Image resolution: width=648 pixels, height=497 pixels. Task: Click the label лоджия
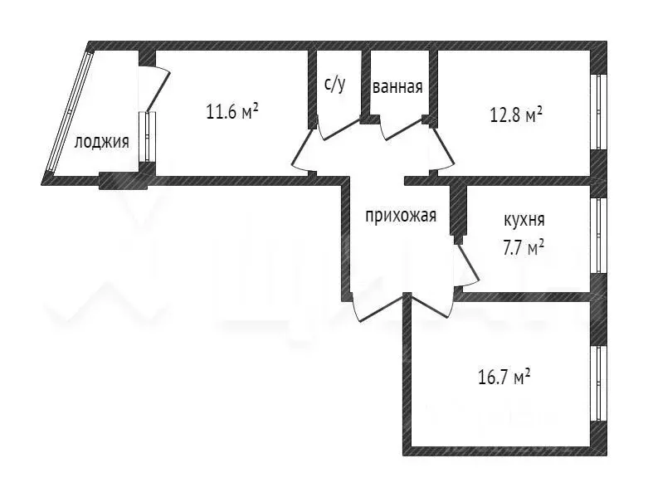(x=101, y=142)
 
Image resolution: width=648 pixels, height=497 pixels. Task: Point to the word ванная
(x=398, y=86)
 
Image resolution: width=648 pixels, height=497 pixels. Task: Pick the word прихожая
(x=401, y=217)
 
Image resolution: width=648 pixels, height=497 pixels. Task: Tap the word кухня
(x=524, y=221)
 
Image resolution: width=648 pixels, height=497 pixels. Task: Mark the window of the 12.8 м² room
(x=598, y=111)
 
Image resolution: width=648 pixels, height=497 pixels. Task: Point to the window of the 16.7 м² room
(x=598, y=383)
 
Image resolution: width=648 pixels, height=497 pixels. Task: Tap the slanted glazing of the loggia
(x=70, y=112)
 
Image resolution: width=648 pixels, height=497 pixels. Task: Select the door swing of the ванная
(x=402, y=131)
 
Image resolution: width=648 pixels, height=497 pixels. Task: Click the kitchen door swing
(x=467, y=266)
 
